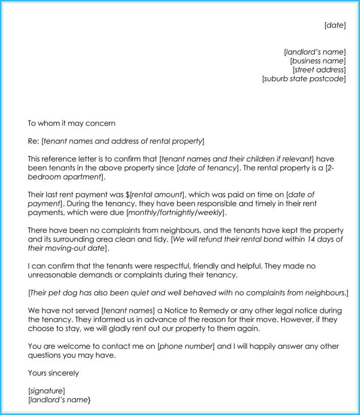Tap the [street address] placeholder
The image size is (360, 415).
tap(319, 70)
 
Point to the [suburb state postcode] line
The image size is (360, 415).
tap(304, 79)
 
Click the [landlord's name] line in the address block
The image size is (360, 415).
tap(315, 52)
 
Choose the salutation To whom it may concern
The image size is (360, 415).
tap(71, 123)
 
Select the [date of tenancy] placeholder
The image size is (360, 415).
tap(207, 167)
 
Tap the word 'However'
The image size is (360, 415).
tap(281, 319)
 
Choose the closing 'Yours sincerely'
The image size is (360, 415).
tap(53, 373)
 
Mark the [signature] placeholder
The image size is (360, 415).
tap(46, 391)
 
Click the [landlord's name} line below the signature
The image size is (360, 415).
tap(59, 400)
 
